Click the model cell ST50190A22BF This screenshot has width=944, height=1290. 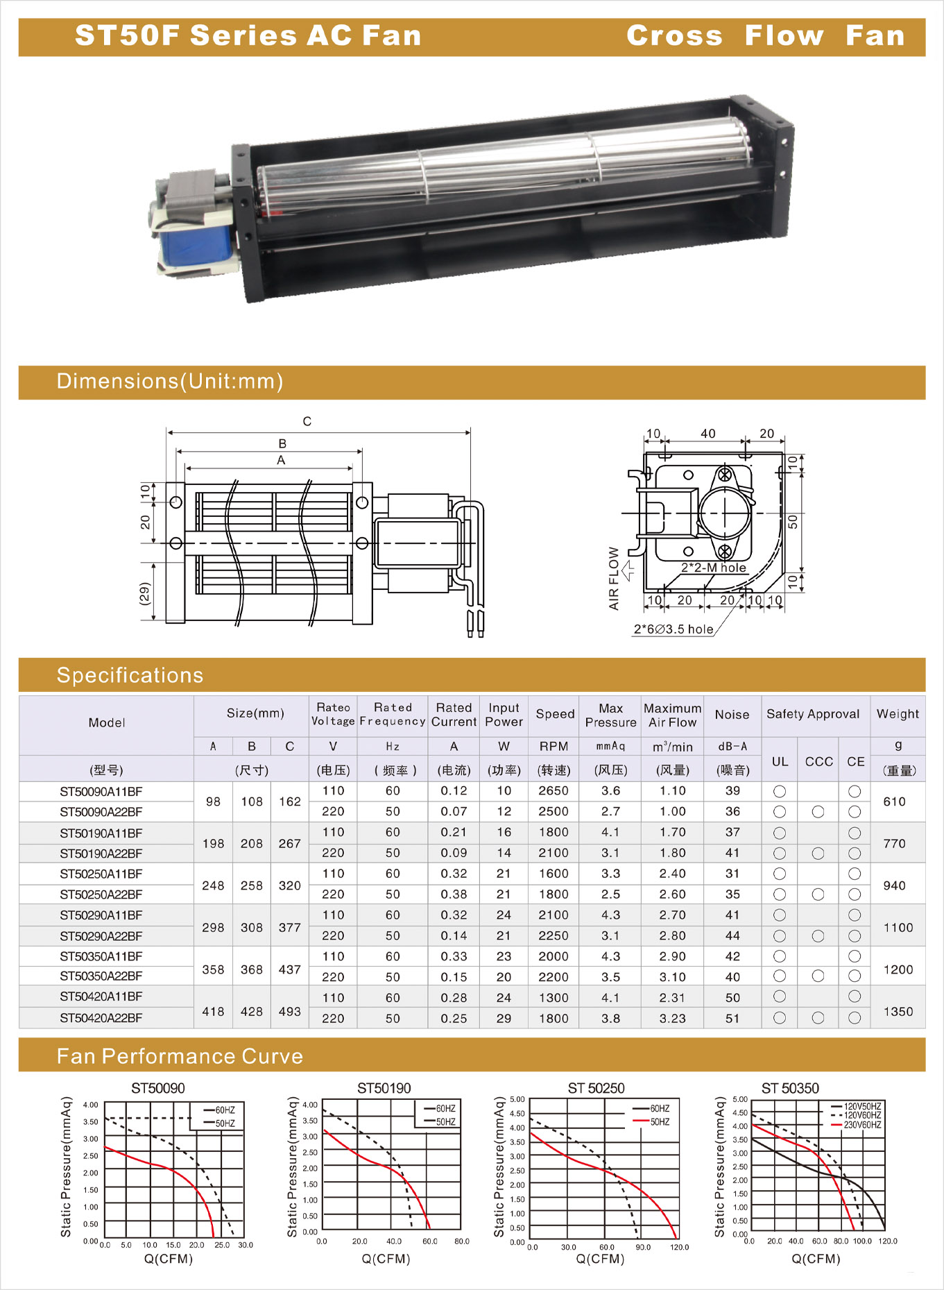pos(101,854)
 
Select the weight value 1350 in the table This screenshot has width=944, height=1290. pos(898,1012)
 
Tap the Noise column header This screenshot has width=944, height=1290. pos(732,714)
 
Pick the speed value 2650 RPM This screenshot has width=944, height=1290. pos(553,791)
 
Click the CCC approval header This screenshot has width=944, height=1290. pos(819,761)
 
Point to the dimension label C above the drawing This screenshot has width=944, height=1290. pos(307,421)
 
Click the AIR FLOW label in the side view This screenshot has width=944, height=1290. pos(614,579)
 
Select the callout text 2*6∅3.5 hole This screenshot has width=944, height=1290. pos(673,629)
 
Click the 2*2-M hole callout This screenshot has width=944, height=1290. pos(714,568)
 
